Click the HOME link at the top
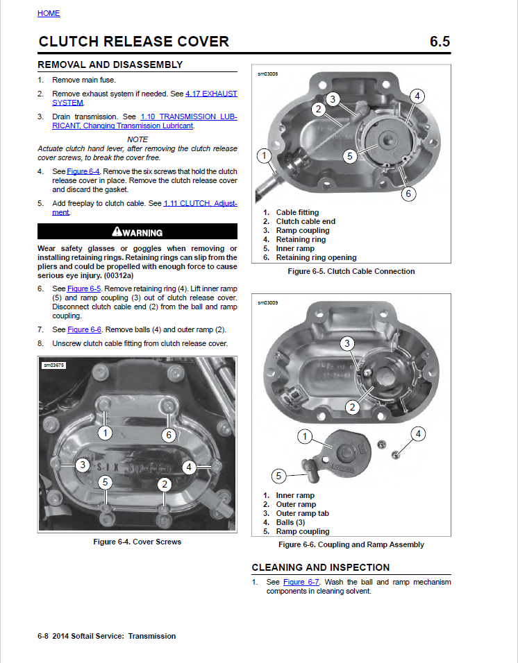coord(49,13)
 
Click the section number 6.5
coord(440,42)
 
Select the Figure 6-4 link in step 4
coord(83,171)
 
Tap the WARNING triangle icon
coord(117,232)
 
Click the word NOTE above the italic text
coord(137,139)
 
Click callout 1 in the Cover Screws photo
coord(105,433)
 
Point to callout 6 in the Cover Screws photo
coord(169,435)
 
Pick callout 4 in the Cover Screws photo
coord(189,467)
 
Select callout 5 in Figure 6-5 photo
coord(349,156)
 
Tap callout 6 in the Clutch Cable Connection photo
coord(408,193)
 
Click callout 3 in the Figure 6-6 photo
coord(347,343)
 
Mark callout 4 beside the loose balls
coord(418,434)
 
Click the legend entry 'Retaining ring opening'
coord(316,257)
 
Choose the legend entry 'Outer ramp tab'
coord(302,513)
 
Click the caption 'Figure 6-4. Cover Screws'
coord(137,542)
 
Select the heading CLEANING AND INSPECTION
coord(320,567)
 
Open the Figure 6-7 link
coord(301,582)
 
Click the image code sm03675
coord(53,365)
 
